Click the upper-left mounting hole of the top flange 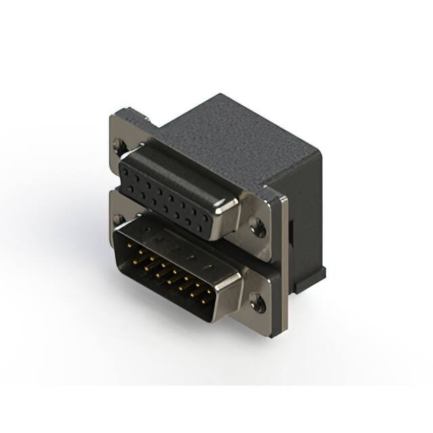tap(120, 144)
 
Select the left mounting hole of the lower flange tap(119, 219)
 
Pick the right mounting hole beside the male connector tap(257, 302)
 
